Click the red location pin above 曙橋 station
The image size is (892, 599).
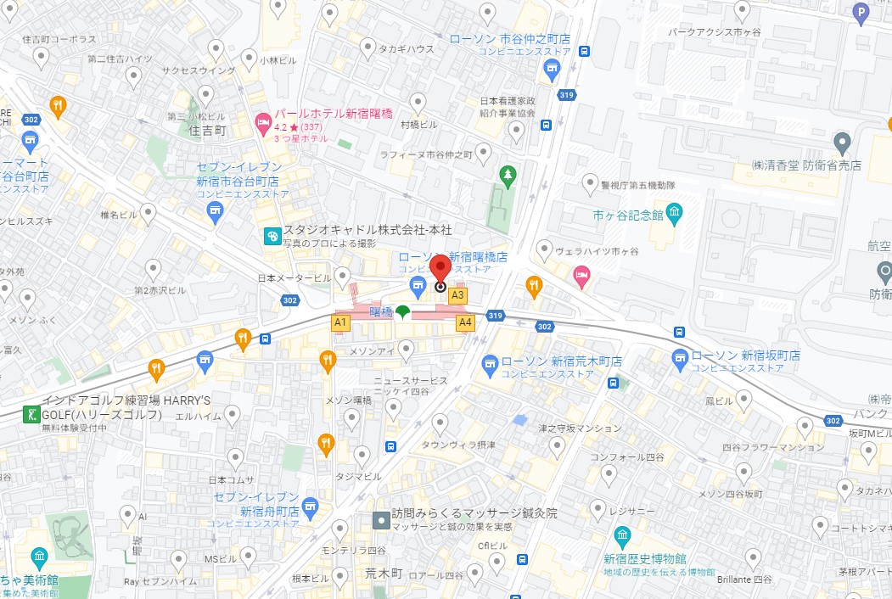[440, 271]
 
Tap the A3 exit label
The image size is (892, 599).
[457, 295]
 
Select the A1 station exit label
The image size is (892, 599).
[340, 322]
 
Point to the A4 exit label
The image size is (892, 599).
[465, 322]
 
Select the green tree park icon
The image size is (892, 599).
[508, 176]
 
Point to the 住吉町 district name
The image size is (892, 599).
[208, 131]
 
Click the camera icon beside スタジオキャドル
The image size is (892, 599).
[272, 236]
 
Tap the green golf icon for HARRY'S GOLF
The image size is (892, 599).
[31, 414]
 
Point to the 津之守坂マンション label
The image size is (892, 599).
[580, 428]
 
